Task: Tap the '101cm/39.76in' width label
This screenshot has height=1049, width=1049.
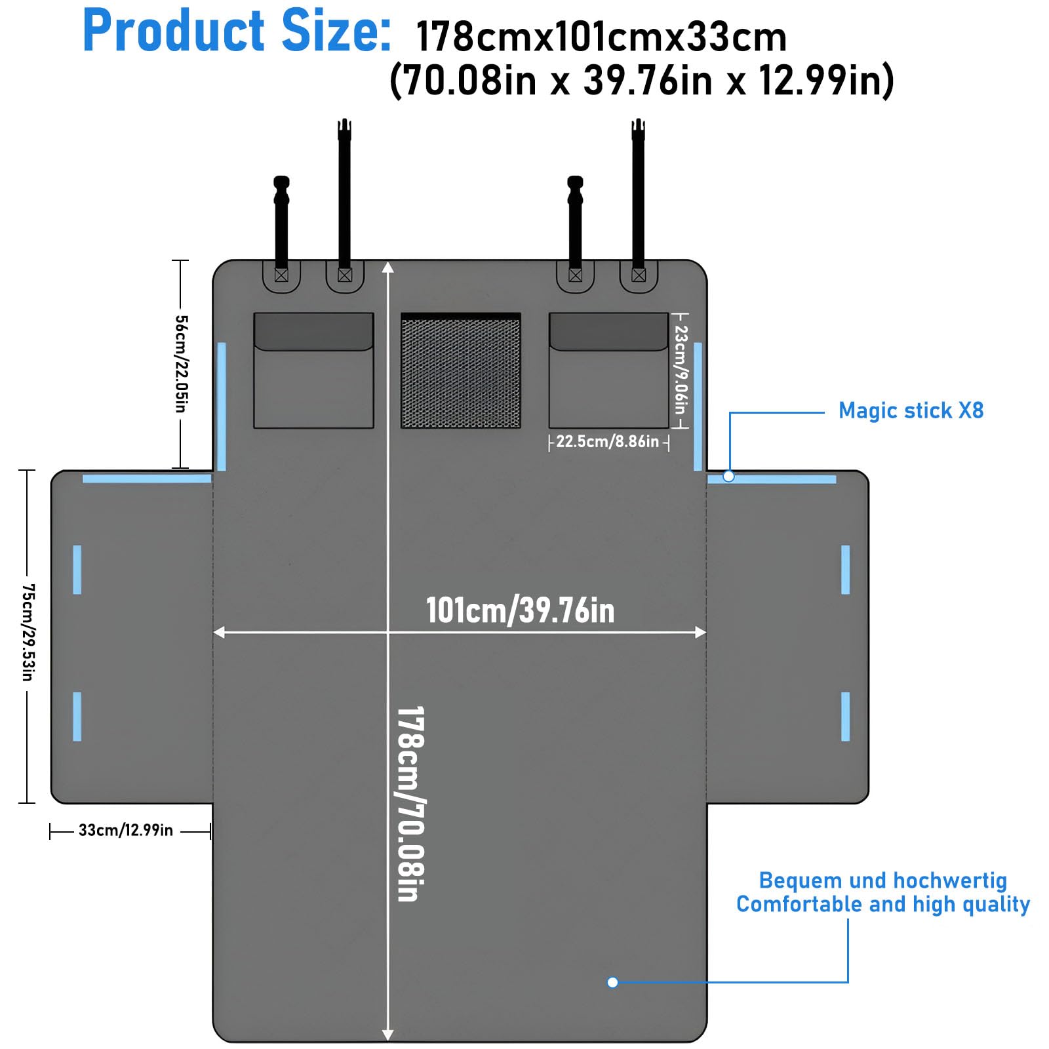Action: coord(520,610)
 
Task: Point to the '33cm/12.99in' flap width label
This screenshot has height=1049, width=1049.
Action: coord(126,831)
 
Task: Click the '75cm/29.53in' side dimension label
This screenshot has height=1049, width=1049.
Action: coord(28,633)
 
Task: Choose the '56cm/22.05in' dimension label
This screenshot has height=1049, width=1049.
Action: coord(181,364)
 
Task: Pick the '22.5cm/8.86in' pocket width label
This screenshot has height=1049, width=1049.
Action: coord(608,442)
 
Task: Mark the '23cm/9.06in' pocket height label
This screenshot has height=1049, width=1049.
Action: coord(681,370)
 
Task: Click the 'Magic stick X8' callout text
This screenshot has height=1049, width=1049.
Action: coord(911,411)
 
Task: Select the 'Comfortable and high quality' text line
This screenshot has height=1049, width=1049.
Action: coord(882,905)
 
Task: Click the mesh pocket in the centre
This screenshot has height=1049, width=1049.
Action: coord(461,371)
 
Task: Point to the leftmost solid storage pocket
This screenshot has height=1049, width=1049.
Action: coord(313,371)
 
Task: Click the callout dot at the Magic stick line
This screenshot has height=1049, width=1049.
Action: coord(728,477)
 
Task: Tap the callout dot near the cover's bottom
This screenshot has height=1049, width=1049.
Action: coord(612,982)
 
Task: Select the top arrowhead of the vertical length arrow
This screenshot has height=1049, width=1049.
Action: coord(388,267)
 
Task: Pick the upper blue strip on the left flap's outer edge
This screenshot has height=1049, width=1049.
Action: coord(77,570)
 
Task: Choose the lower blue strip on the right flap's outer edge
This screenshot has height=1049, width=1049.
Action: coord(845,717)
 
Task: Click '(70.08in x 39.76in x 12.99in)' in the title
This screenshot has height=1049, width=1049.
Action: coord(641,81)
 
